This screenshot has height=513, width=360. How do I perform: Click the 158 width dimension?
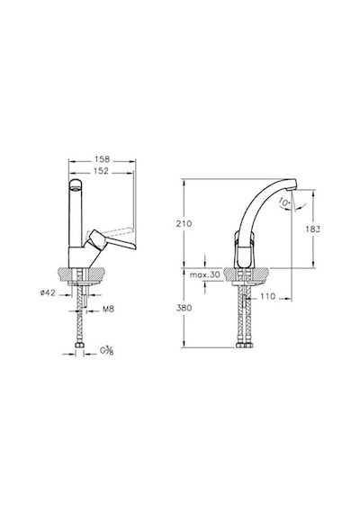click(103, 159)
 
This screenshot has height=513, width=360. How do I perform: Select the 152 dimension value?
click(101, 171)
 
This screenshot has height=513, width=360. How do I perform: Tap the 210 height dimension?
click(184, 224)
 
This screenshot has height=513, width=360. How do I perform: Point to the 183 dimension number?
click(313, 229)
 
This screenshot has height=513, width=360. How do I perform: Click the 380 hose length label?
click(184, 308)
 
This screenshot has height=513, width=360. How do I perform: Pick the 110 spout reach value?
click(268, 296)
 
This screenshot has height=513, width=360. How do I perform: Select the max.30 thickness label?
click(205, 274)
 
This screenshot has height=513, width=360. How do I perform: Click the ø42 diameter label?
click(48, 292)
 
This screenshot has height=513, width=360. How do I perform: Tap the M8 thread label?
click(108, 309)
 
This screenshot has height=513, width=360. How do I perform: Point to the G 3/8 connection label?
click(107, 351)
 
